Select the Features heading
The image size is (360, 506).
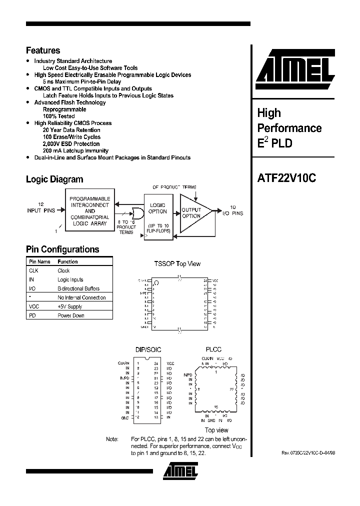pos(43,50)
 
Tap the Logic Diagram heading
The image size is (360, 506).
pos(54,179)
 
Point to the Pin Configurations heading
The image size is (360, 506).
pos(62,249)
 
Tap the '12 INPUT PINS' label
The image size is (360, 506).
pos(41,207)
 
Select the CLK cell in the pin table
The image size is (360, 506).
pos(34,270)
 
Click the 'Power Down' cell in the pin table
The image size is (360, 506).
pos(71,315)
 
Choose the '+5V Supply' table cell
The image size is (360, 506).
pos(70,306)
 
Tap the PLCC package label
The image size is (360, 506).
pos(213,349)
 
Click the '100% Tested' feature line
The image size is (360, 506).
pos(58,116)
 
